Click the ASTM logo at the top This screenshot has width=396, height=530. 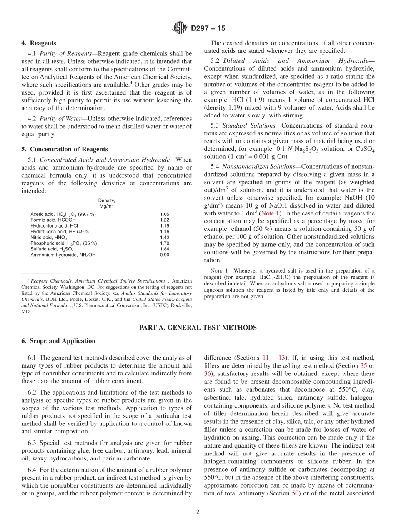click(x=180, y=28)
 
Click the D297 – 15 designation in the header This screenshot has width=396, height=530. click(x=208, y=28)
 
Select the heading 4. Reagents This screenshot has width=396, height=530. click(x=39, y=43)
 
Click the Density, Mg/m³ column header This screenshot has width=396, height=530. click(x=107, y=203)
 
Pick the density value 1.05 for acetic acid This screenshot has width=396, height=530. click(x=164, y=214)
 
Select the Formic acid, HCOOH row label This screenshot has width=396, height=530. click(x=53, y=220)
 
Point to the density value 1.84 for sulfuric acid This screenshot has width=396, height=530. click(x=164, y=249)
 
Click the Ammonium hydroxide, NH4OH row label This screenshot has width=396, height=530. click(x=63, y=255)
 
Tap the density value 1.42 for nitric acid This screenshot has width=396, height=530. click(x=164, y=237)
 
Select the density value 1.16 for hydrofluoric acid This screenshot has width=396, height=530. click(x=164, y=231)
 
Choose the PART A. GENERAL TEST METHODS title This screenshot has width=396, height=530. click(x=198, y=327)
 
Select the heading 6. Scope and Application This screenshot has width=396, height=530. click(x=58, y=341)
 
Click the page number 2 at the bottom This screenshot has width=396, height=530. click(x=198, y=512)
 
